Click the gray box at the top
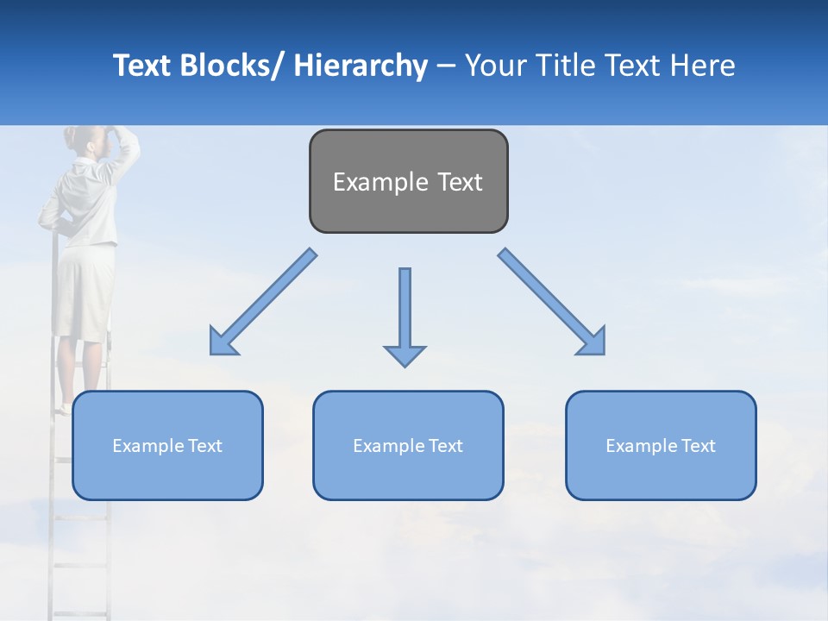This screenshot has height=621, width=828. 408,181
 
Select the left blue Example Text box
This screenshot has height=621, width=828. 167,445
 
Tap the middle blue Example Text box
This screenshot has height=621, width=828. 408,445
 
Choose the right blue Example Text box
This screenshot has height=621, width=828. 661,445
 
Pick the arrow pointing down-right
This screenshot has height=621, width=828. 552,302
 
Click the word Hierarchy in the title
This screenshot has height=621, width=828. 361,66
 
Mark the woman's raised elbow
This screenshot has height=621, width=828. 133,147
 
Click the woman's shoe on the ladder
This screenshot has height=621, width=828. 66,408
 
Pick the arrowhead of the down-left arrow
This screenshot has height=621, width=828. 222,342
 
